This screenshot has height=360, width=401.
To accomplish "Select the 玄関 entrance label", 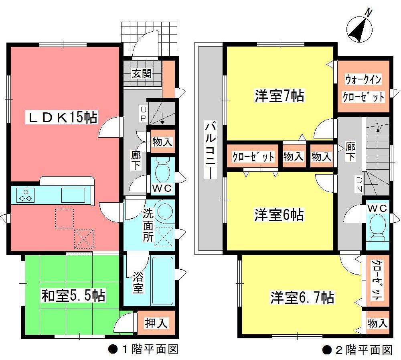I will coord(142,74).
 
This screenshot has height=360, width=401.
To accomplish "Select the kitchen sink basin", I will coord(73,195).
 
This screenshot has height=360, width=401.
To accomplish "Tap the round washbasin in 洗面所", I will coord(165,210).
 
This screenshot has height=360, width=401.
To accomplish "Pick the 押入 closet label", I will coord(156,323).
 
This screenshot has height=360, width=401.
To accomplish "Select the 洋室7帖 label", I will coord(279,96).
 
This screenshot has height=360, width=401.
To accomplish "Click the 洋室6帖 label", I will coord(279,215).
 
